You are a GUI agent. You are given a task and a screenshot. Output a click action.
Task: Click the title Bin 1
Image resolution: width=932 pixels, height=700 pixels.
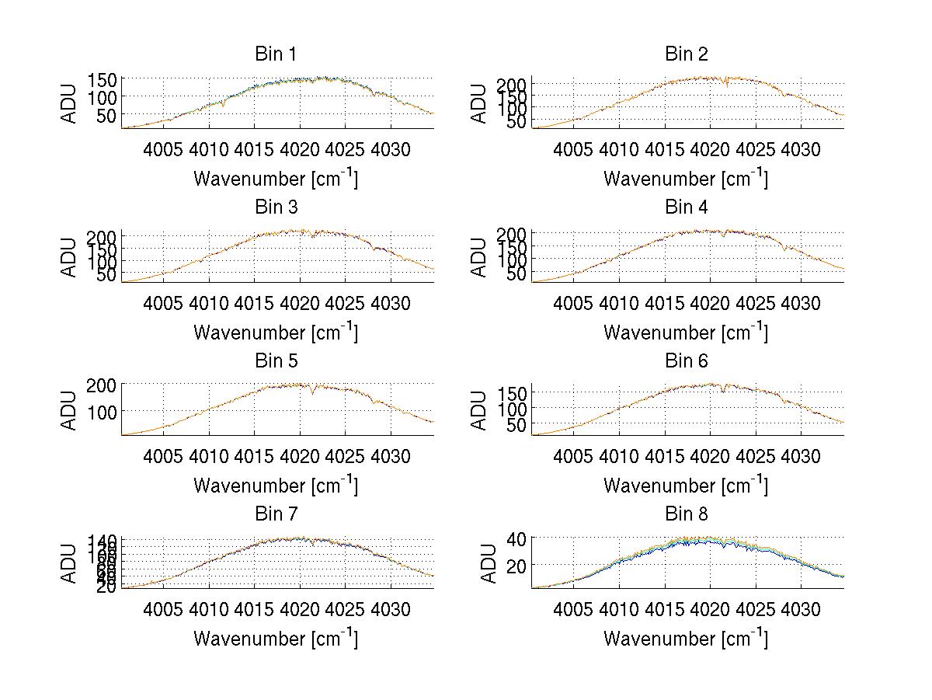point(275,54)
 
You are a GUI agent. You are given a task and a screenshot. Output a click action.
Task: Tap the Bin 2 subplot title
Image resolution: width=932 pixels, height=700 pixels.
point(686,54)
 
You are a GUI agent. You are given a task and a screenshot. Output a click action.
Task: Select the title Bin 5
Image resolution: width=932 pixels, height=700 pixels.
point(275,361)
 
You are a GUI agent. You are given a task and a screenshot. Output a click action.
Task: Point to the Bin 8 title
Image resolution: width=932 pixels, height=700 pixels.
point(686,514)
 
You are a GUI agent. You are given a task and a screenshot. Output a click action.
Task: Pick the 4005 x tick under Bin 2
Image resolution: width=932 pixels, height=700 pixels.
point(574,149)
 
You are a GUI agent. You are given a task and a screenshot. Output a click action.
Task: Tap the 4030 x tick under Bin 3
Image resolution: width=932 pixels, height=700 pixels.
point(391,303)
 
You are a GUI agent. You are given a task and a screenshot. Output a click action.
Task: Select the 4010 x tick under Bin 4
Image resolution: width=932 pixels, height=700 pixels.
point(619,303)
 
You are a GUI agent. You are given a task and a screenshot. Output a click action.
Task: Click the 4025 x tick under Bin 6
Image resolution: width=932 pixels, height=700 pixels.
point(756,456)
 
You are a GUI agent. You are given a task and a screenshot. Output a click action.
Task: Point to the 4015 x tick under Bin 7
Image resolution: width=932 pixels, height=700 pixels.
point(254,609)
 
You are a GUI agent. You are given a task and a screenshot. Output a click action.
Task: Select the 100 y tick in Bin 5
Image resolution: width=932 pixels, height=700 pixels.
point(104,411)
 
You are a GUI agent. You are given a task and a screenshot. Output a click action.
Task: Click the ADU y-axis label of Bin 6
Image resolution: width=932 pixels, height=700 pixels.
point(480,410)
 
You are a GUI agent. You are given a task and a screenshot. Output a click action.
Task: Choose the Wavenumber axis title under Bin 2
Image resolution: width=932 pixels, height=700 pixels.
point(686,179)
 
